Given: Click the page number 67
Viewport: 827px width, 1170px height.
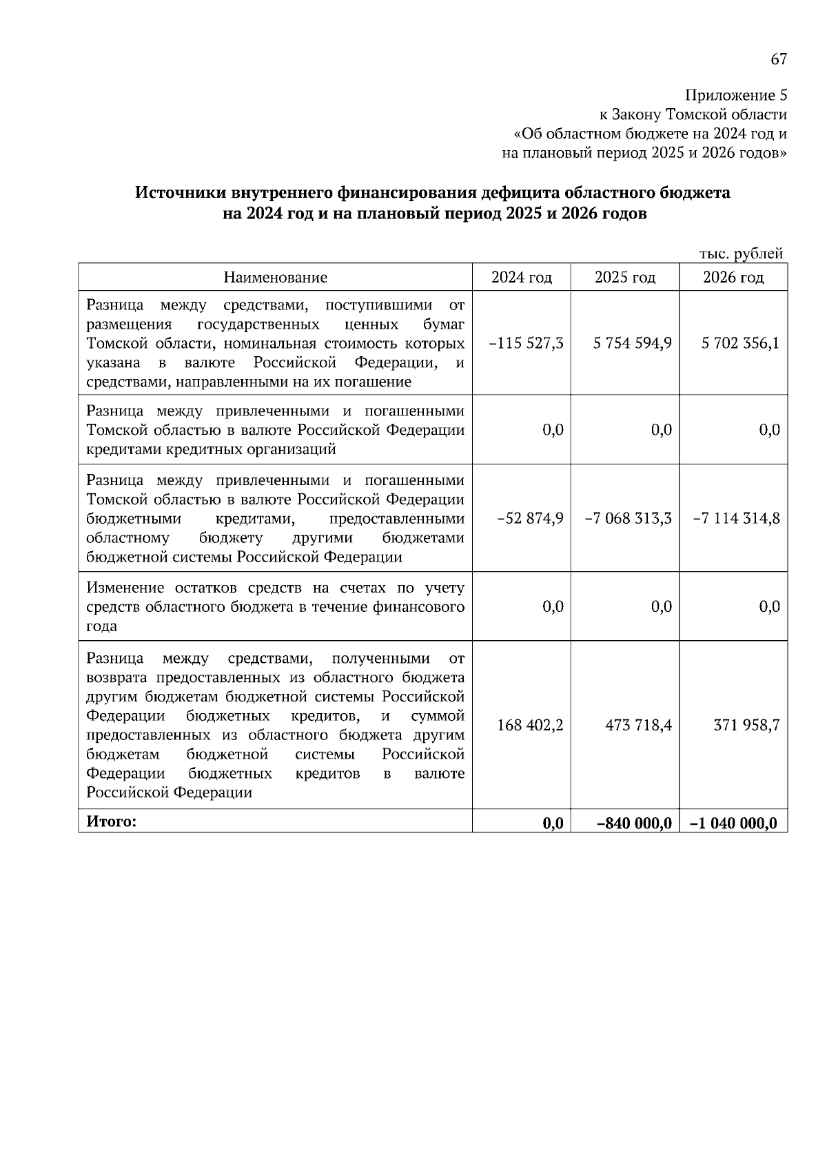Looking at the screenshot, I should click(778, 59).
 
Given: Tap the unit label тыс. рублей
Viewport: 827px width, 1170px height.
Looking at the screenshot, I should click(741, 254).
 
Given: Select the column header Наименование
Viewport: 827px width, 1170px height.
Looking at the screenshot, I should click(275, 277).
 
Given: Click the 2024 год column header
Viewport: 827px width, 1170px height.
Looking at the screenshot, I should click(522, 277).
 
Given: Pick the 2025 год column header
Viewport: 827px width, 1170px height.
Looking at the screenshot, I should click(625, 277).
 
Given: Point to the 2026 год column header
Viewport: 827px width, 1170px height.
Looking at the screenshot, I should click(733, 277).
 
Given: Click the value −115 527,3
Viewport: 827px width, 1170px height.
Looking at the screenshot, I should click(526, 343).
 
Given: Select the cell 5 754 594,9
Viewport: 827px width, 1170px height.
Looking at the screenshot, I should click(632, 343).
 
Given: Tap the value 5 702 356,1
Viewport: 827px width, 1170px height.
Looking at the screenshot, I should click(740, 343).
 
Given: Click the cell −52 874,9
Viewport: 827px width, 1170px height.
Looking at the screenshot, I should click(530, 518).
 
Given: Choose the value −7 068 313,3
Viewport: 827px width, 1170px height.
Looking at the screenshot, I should click(628, 518).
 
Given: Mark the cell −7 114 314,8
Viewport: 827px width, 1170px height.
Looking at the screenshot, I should click(737, 518).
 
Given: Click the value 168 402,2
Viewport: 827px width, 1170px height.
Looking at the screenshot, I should click(530, 725).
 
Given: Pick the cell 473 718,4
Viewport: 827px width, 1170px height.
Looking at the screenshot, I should click(638, 725).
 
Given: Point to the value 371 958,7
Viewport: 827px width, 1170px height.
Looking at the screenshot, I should click(746, 725).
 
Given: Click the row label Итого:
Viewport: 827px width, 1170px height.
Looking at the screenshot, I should click(112, 821).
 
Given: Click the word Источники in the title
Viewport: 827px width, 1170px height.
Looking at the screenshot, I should click(178, 194).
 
